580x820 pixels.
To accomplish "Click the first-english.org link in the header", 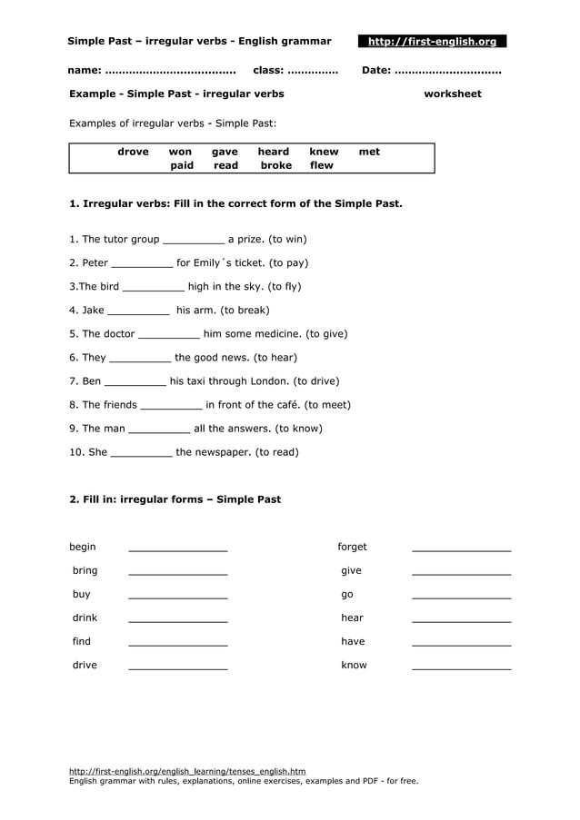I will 432,42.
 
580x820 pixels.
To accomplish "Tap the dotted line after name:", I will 170,71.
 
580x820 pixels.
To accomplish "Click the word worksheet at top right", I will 453,94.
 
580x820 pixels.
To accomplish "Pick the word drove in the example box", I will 133,152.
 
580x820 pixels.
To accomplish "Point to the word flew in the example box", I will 322,165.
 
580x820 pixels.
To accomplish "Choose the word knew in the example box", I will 324,152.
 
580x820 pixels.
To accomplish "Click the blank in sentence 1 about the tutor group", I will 193,242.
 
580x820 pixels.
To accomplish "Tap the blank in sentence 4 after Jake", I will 138,312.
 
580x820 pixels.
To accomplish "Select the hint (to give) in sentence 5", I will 326,334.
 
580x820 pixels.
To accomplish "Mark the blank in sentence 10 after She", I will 141,454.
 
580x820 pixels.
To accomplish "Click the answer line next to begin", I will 178,548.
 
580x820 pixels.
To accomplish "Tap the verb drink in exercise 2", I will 85,617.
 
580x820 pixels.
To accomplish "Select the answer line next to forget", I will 461,548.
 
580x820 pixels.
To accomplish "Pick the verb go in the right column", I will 347,594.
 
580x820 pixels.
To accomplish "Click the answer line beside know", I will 461,667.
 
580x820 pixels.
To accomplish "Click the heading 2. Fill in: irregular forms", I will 175,499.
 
